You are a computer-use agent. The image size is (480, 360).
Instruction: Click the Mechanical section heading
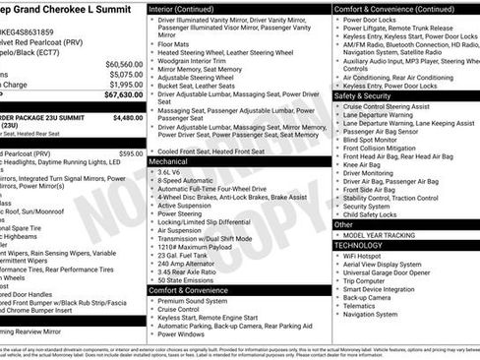tap(168, 160)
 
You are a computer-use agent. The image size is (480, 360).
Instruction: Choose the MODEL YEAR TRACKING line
tap(381, 235)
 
